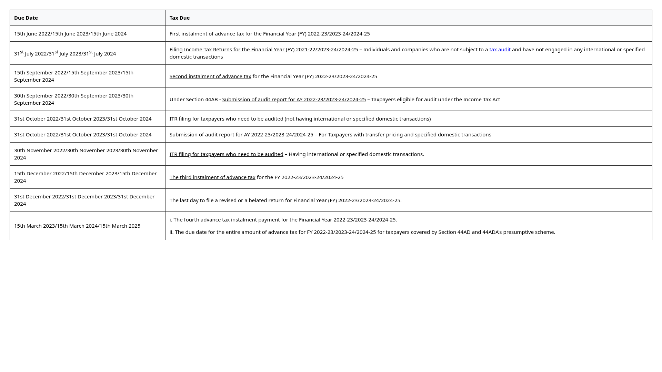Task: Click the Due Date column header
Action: (x=26, y=18)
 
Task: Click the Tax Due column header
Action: (x=179, y=18)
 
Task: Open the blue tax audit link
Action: (x=500, y=50)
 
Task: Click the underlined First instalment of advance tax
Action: (x=207, y=34)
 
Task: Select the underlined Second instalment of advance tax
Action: (x=210, y=76)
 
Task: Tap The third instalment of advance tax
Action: (x=212, y=177)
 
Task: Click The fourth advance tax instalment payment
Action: (x=227, y=220)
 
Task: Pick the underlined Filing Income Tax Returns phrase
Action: (x=263, y=50)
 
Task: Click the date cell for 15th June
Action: (x=70, y=34)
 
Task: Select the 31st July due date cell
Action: (x=65, y=53)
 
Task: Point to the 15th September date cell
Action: (x=74, y=76)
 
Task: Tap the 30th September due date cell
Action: (x=74, y=99)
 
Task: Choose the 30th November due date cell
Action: (x=86, y=154)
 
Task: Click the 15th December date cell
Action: (x=85, y=177)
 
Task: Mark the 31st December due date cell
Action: (x=84, y=200)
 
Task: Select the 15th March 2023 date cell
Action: (x=77, y=226)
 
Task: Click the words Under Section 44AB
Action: (x=193, y=100)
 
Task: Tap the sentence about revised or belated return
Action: (x=285, y=200)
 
